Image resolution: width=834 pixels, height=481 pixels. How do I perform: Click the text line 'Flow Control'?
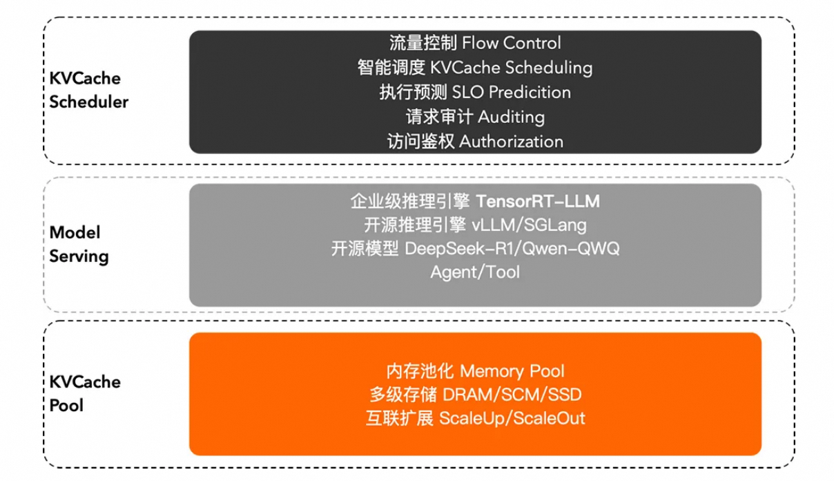point(511,43)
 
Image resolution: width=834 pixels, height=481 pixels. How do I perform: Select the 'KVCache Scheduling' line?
point(511,68)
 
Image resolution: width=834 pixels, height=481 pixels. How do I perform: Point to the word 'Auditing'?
point(511,117)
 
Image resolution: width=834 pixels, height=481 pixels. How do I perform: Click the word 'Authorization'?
point(511,142)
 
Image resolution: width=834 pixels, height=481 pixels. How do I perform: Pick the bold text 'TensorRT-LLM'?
point(538,202)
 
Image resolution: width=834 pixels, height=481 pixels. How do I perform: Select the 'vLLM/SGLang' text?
point(530,225)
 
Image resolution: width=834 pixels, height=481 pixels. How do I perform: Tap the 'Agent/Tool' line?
point(475,272)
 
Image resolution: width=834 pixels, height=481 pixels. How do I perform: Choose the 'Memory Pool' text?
point(512,371)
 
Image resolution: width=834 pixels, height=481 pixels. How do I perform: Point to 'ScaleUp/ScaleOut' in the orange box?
point(512,418)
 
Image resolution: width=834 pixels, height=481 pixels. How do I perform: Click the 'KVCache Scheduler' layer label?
point(88,91)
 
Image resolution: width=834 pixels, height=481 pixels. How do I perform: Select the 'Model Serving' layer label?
point(79,244)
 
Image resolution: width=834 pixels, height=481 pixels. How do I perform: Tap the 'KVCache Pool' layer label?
point(84,393)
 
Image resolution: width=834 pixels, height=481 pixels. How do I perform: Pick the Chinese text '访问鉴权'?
point(420,142)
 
